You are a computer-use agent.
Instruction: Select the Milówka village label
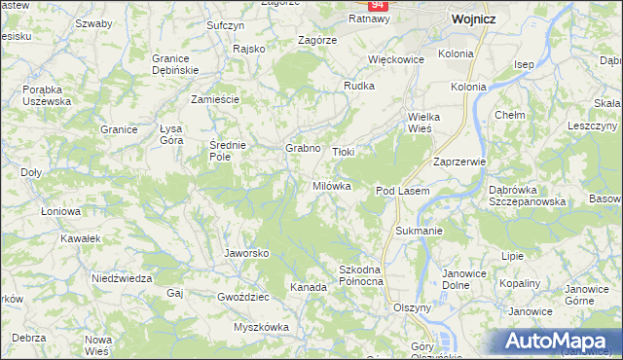coord(331,186)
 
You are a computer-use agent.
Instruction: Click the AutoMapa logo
coord(561,340)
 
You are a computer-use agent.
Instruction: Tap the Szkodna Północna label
coord(360,274)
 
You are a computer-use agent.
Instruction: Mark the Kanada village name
coord(308,287)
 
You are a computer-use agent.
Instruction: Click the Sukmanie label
coord(420,232)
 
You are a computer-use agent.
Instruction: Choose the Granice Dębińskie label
coord(175,64)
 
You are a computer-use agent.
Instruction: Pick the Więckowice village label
coord(398,58)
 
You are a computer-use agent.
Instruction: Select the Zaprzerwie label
coord(459,162)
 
